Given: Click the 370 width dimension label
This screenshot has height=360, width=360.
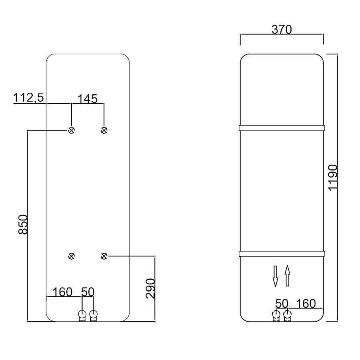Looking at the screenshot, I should pos(282,29).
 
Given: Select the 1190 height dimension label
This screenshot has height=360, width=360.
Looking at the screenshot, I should pos(333,178).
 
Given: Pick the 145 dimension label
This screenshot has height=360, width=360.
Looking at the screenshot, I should pos(87,98).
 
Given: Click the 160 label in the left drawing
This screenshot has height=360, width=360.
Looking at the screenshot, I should pos(62,292).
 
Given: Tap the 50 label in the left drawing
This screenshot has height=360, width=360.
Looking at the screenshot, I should pos(88,292).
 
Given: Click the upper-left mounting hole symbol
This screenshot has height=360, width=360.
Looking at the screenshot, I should pos(72,130).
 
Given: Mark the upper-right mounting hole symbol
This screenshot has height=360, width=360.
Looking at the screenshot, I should pos(104,130).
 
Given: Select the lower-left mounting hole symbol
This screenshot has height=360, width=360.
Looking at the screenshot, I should pos(72,256).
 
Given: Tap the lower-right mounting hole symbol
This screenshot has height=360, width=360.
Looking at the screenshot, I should pos(104,256).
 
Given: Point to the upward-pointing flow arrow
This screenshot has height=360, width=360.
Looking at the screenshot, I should pos(287,276).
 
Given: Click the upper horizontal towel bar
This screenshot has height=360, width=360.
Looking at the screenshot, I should pos(282,128).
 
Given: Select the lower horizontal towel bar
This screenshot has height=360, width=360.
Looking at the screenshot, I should pos(282,254).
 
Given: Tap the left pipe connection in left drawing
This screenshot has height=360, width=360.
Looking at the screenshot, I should pos(82,315).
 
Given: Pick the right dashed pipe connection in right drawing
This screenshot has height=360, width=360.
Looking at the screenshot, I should pos(287,315).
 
